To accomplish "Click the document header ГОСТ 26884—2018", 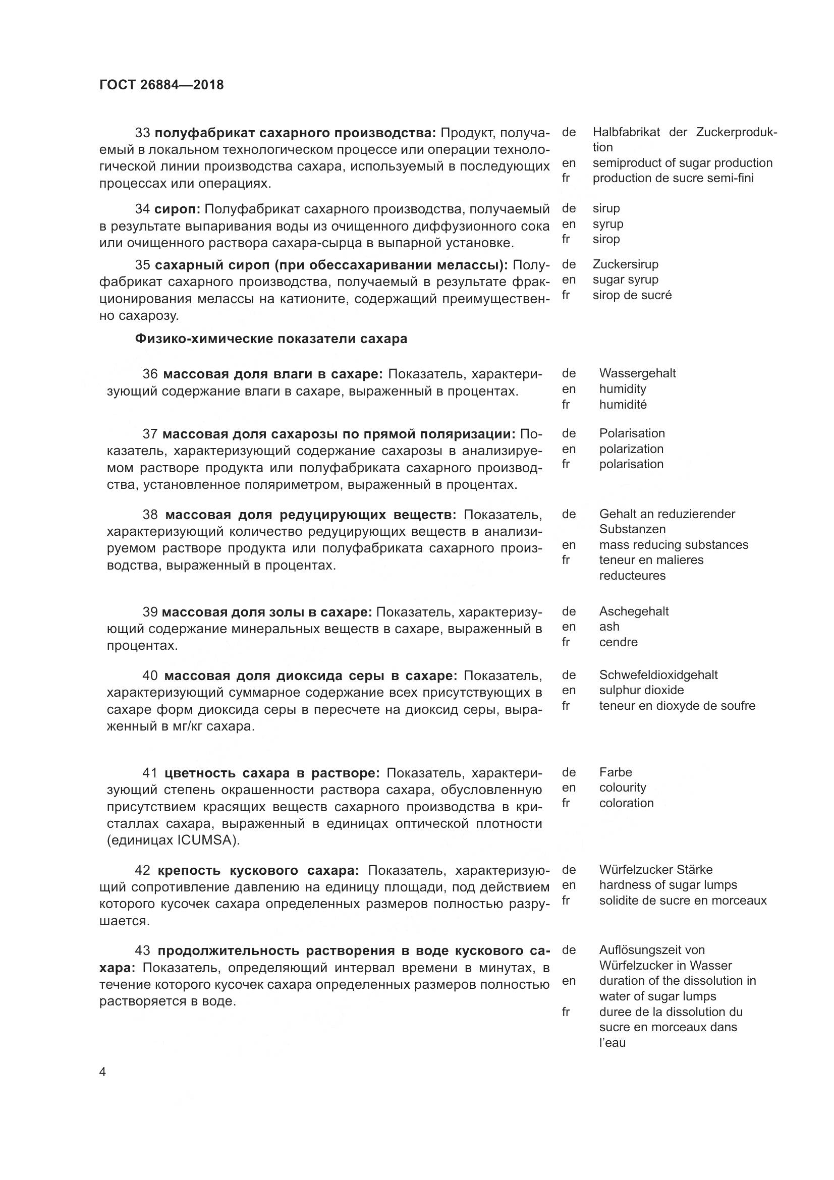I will pyautogui.click(x=161, y=85).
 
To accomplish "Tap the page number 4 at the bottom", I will pyautogui.click(x=103, y=1072).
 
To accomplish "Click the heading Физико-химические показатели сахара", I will pyautogui.click(x=271, y=339).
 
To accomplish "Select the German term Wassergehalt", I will pyautogui.click(x=637, y=373).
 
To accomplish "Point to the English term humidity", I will pyautogui.click(x=622, y=388).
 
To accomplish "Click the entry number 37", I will pyautogui.click(x=150, y=434).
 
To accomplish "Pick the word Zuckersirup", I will pyautogui.click(x=625, y=264).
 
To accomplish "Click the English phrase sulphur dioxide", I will pyautogui.click(x=641, y=690).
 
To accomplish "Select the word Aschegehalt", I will pyautogui.click(x=634, y=611).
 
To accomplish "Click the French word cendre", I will pyautogui.click(x=618, y=642).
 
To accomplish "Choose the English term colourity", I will pyautogui.click(x=622, y=788).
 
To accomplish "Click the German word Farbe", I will pyautogui.click(x=615, y=772).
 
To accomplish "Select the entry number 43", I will pyautogui.click(x=142, y=951).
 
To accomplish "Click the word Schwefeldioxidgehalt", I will pyautogui.click(x=658, y=675).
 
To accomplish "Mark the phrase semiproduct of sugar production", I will pyautogui.click(x=682, y=163).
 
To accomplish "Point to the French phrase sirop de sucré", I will pyautogui.click(x=632, y=295).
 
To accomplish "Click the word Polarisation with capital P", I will pyautogui.click(x=632, y=433).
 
